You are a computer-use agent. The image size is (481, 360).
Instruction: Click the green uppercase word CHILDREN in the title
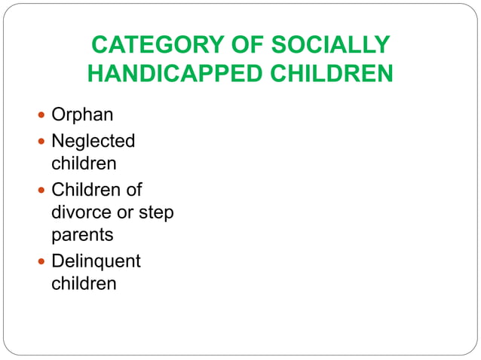[329, 75]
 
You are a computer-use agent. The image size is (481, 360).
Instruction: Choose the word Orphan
[82, 115]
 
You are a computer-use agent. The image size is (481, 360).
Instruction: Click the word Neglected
[93, 141]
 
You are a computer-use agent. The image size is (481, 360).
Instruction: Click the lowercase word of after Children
[133, 189]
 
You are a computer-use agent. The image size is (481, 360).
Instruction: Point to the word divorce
[82, 212]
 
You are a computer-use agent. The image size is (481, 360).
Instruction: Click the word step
[158, 213]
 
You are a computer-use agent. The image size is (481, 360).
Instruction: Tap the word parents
[82, 236]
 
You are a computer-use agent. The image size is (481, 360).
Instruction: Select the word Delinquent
[96, 261]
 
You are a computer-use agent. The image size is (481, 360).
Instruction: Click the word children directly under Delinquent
[84, 284]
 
